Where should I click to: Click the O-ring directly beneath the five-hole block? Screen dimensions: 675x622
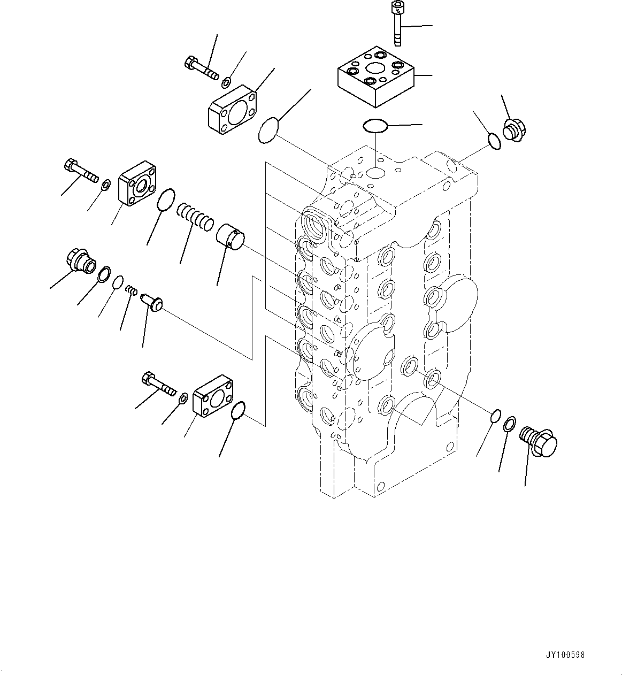tap(375, 126)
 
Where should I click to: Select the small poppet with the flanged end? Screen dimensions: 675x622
tap(152, 301)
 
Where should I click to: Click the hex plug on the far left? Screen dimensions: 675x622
tap(80, 260)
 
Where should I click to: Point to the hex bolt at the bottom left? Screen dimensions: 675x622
tap(158, 385)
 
